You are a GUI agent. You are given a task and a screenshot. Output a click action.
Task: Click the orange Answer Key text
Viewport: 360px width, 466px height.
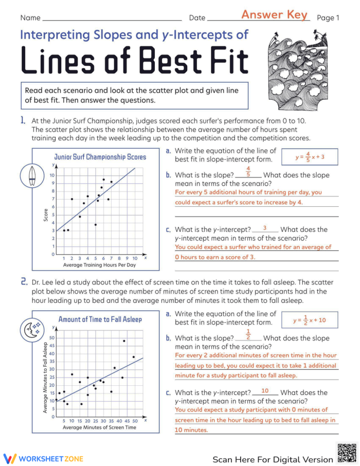click(x=274, y=15)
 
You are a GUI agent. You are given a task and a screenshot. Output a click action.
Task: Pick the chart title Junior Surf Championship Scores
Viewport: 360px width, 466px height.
click(x=100, y=157)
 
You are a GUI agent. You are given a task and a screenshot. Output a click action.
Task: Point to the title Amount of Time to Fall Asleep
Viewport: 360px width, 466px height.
click(x=100, y=319)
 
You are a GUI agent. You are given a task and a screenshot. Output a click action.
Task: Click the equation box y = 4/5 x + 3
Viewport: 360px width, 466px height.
click(x=309, y=157)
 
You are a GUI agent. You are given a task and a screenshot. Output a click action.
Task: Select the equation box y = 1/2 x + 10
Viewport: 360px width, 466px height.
click(x=309, y=320)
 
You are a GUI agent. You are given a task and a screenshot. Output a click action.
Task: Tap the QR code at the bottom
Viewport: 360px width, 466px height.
click(x=347, y=453)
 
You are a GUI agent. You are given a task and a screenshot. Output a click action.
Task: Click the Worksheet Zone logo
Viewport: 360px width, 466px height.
click(x=43, y=458)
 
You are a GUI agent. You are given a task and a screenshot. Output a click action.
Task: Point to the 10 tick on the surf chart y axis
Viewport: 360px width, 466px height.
click(x=52, y=175)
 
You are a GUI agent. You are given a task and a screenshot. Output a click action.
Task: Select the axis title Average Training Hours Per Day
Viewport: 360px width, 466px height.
click(x=99, y=265)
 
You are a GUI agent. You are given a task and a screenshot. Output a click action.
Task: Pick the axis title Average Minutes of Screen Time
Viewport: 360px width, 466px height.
click(x=100, y=427)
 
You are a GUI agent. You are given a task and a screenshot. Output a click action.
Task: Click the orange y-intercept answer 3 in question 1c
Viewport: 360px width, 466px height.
click(x=264, y=228)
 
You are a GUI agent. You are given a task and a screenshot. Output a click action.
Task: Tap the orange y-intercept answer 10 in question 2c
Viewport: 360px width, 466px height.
click(x=265, y=391)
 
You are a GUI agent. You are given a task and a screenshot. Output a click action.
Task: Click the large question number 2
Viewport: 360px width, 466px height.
click(x=24, y=282)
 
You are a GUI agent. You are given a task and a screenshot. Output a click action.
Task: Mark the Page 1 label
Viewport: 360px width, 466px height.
click(x=328, y=18)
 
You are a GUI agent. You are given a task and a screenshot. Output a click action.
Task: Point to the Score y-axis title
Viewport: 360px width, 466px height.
click(x=46, y=215)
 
